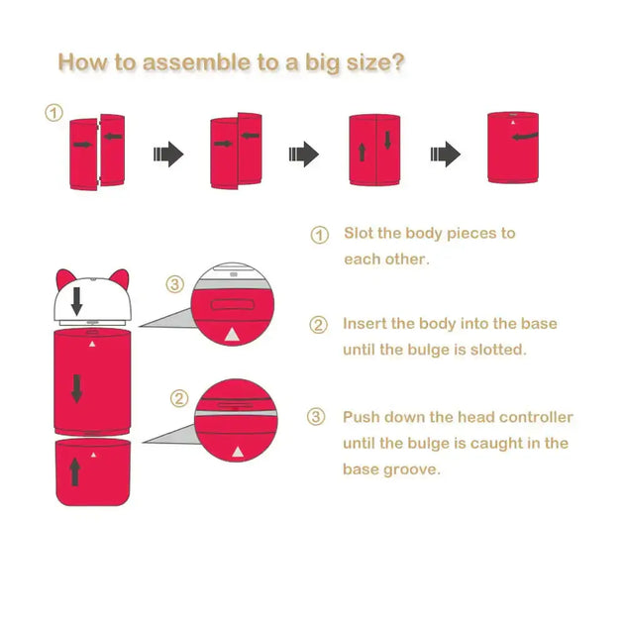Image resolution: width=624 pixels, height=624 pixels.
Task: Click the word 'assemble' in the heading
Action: tap(196, 62)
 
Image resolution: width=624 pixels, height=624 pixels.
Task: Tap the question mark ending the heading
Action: tap(397, 62)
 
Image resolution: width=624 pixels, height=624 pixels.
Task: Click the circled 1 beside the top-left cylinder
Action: tap(54, 113)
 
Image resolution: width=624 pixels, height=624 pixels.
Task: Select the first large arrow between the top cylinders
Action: tap(168, 154)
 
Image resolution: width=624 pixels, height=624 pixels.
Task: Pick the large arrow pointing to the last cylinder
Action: tap(446, 154)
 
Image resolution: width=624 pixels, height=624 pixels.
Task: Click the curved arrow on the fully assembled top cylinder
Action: tap(525, 137)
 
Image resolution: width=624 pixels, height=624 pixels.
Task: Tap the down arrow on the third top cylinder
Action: tap(387, 140)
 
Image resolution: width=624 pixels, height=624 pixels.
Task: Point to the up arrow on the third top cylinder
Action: tap(363, 153)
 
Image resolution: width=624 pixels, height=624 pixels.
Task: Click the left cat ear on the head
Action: tap(64, 278)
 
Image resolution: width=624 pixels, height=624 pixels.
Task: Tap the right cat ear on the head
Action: tap(120, 278)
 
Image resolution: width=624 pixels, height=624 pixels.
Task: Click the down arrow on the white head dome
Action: tap(77, 301)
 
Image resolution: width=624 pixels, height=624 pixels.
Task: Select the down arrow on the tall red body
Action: tap(77, 389)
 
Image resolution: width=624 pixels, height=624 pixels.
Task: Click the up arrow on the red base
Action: tap(74, 471)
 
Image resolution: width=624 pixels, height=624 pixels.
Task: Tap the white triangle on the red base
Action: tap(93, 455)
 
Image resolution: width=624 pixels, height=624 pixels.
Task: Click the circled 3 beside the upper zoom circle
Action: tap(174, 284)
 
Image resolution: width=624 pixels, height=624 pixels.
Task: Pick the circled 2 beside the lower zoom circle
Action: tap(179, 398)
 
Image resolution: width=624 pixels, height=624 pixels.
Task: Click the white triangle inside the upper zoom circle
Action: tap(232, 335)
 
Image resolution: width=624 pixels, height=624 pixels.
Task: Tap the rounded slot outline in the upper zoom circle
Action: tap(233, 305)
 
